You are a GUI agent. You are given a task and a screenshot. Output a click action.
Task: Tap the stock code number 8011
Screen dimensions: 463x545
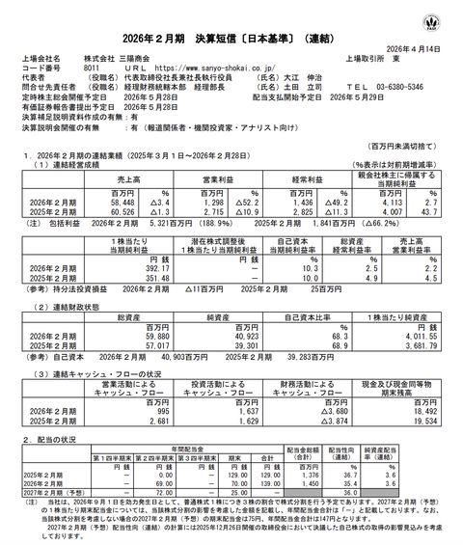(x=90, y=68)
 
